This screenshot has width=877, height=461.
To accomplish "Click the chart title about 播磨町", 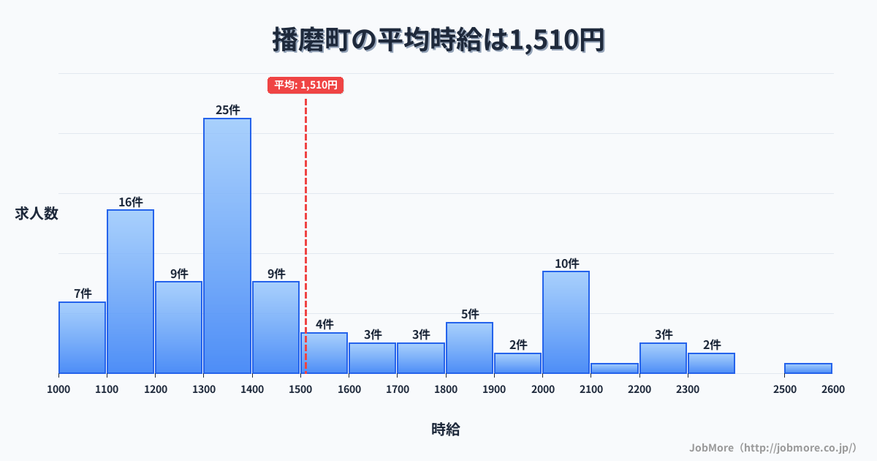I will pyautogui.click(x=438, y=40).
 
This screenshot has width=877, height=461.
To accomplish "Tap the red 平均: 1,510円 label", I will pyautogui.click(x=305, y=85).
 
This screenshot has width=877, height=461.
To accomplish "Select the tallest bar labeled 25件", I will pyautogui.click(x=227, y=246).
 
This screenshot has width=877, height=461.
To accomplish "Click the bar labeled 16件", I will pyautogui.click(x=130, y=291).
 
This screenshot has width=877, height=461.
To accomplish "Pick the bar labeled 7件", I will pyautogui.click(x=82, y=337).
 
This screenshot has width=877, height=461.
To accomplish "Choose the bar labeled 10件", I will pyautogui.click(x=566, y=322).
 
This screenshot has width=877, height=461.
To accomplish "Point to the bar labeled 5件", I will pyautogui.click(x=469, y=348).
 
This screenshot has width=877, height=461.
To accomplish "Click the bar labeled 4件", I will pyautogui.click(x=324, y=353).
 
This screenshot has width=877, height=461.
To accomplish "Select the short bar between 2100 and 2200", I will pyautogui.click(x=615, y=368).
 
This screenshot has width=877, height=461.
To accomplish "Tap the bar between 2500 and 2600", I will pyautogui.click(x=808, y=368).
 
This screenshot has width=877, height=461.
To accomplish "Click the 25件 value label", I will pyautogui.click(x=227, y=110).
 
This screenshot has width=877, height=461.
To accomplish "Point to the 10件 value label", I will pyautogui.click(x=566, y=263).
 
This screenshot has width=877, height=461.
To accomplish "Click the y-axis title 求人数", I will pyautogui.click(x=37, y=214).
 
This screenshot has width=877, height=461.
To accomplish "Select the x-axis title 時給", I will pyautogui.click(x=445, y=430).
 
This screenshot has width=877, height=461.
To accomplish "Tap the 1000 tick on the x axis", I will pyautogui.click(x=58, y=389).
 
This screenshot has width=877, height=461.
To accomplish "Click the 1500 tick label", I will pyautogui.click(x=300, y=389).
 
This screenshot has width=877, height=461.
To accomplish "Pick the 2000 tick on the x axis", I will pyautogui.click(x=542, y=389).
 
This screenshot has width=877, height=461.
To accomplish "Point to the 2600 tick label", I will pyautogui.click(x=832, y=389).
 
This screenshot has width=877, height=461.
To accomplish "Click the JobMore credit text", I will pyautogui.click(x=772, y=447).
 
